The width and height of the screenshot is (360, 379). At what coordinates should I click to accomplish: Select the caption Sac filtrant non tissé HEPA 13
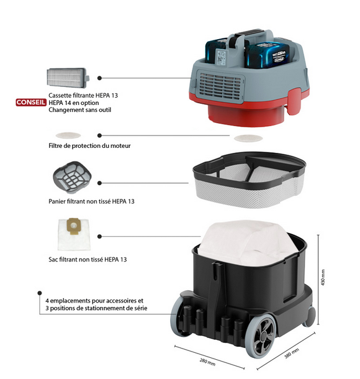[x=85, y=258]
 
